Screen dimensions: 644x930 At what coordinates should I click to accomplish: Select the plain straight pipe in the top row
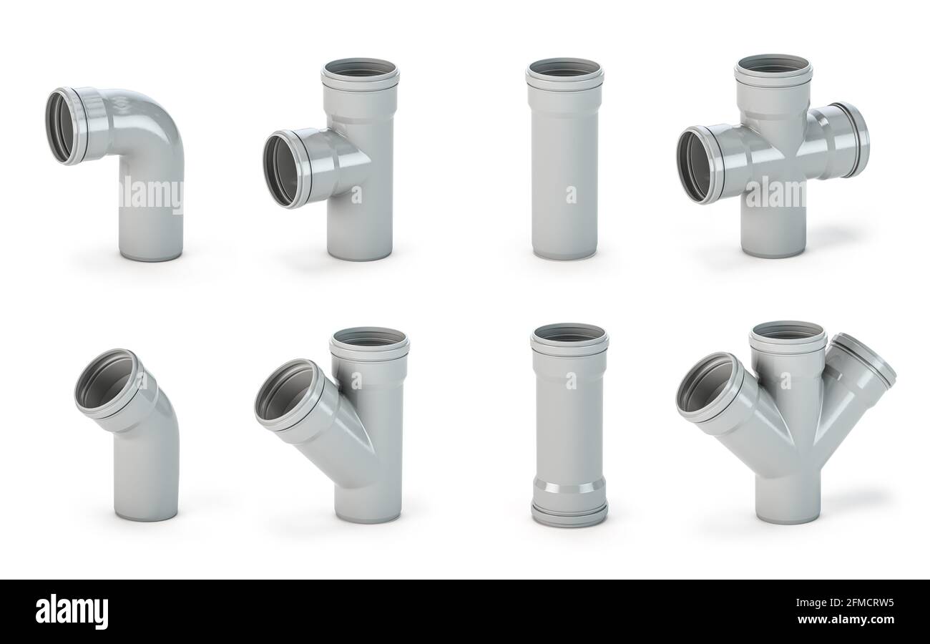point(564,165)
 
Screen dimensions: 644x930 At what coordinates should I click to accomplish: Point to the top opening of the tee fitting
point(360,69)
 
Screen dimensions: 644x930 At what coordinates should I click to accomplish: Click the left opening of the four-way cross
point(695,165)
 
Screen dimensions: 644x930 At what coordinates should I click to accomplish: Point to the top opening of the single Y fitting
point(369,338)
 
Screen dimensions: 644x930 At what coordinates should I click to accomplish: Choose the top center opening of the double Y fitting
point(787,332)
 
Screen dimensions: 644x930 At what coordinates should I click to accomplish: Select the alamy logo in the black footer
point(72,612)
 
